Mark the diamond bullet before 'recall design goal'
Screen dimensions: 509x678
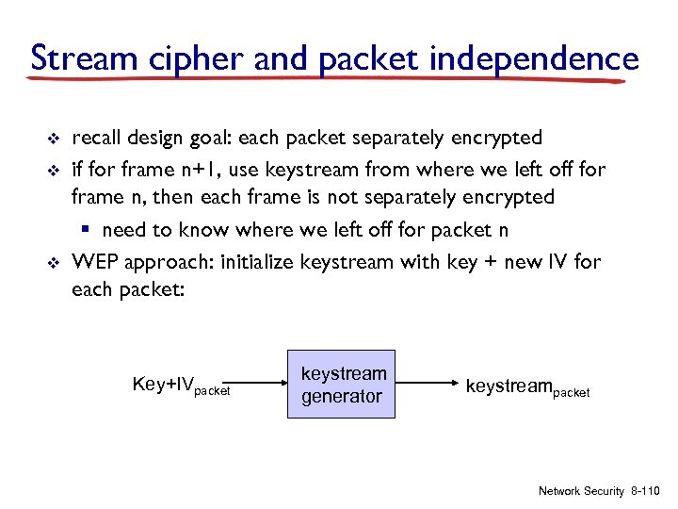point(54,140)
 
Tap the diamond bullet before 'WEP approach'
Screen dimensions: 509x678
point(54,262)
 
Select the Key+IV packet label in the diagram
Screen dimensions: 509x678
point(181,386)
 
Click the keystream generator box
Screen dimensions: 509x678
point(343,385)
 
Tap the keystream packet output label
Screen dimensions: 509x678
point(527,386)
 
